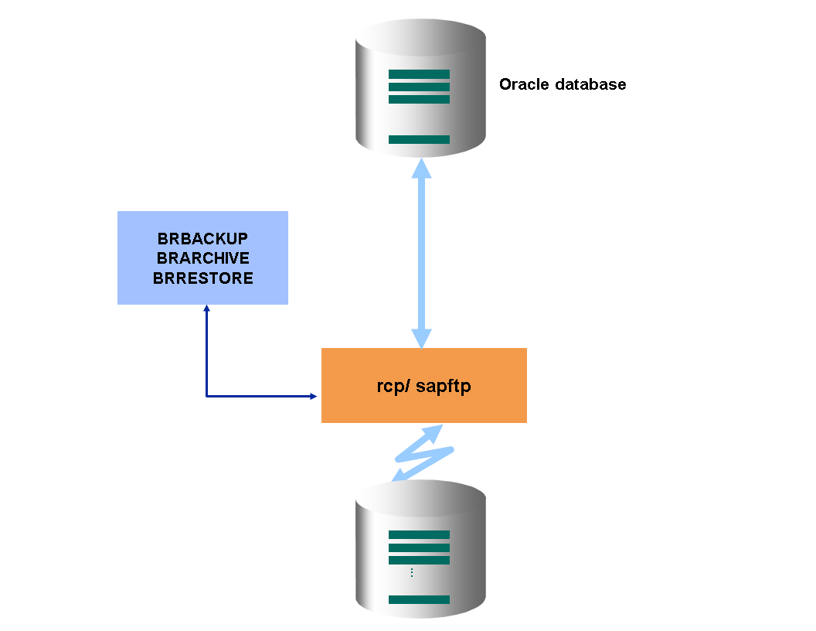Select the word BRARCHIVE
[202, 258]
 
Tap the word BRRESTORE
[202, 278]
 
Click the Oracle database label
[563, 84]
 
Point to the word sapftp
[444, 386]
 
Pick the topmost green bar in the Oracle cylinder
[419, 74]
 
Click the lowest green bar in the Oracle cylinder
[419, 139]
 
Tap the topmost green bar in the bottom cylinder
[419, 534]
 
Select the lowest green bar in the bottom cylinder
[419, 599]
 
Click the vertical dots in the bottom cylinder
[412, 573]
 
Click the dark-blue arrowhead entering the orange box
[313, 396]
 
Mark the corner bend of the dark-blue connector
[206, 396]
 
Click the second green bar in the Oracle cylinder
[419, 87]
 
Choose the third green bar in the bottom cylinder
[419, 560]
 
